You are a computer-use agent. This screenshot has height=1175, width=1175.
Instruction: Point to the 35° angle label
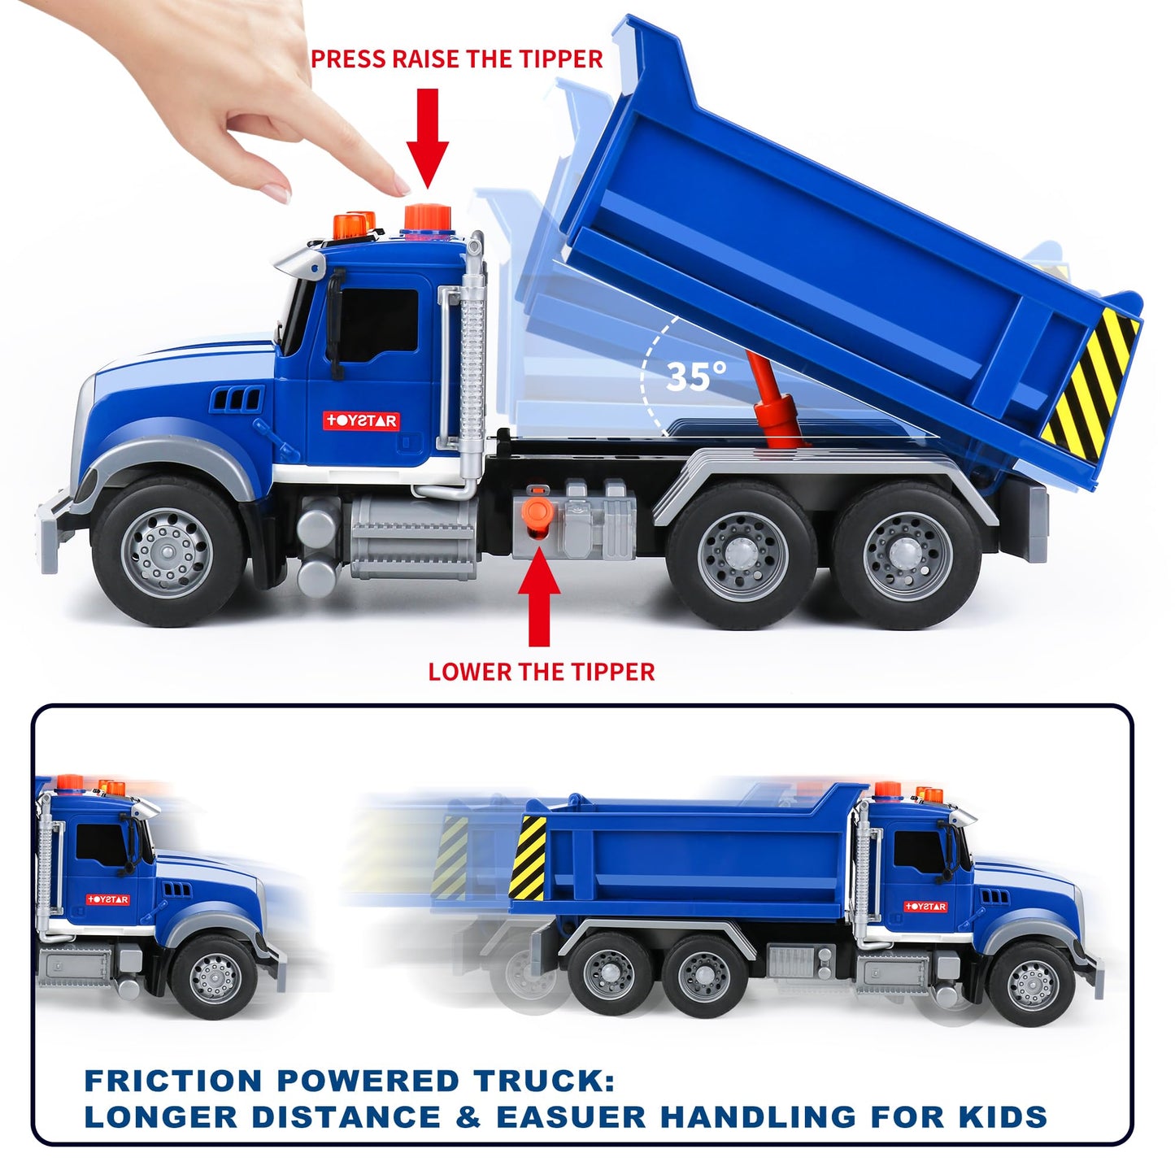(695, 376)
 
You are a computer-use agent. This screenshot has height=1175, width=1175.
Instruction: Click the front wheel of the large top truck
(168, 552)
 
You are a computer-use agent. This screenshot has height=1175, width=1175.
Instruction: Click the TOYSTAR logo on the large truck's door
(361, 421)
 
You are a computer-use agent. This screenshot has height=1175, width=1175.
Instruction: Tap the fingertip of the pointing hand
(399, 186)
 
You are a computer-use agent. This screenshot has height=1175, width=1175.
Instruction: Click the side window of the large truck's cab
(378, 325)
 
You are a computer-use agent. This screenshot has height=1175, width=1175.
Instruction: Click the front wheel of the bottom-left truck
(214, 977)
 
